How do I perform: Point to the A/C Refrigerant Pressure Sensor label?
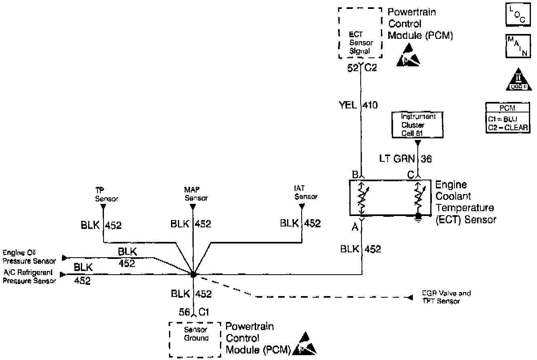click(x=29, y=277)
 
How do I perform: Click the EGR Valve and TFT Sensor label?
click(x=446, y=297)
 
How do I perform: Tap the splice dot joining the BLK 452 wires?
click(x=193, y=274)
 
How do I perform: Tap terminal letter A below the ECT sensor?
click(x=355, y=228)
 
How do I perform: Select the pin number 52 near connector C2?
click(x=353, y=68)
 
